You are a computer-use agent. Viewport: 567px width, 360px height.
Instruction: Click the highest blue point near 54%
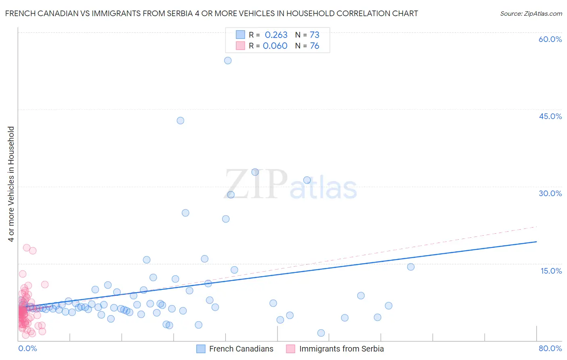tap(228, 61)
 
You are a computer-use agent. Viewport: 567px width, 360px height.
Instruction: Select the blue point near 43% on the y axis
tap(180, 121)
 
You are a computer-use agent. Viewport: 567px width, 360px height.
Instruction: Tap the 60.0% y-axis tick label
tap(550, 39)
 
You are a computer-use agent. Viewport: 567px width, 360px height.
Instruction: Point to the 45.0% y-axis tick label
tap(550, 116)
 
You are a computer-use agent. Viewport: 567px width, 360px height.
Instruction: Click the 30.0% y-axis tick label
tap(550, 193)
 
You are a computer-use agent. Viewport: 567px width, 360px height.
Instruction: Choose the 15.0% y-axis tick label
tap(551, 271)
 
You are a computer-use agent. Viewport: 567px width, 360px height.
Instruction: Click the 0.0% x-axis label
tap(27, 349)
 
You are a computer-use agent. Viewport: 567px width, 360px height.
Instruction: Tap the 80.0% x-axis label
tap(550, 349)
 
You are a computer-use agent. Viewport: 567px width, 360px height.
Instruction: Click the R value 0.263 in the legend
tap(276, 35)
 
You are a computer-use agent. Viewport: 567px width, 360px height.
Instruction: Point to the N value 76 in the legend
tap(315, 46)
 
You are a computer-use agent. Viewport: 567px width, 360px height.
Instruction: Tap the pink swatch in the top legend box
tap(240, 46)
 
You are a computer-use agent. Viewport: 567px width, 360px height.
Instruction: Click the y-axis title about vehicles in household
tap(11, 184)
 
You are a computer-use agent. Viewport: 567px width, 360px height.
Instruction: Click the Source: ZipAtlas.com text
tap(531, 14)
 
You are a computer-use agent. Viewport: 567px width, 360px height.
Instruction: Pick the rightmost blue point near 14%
tap(411, 267)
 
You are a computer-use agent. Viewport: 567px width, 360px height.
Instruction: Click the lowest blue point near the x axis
tap(321, 333)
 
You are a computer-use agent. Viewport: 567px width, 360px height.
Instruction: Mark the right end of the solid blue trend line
tap(536, 241)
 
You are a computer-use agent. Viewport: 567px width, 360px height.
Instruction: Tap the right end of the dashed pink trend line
tap(537, 227)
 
